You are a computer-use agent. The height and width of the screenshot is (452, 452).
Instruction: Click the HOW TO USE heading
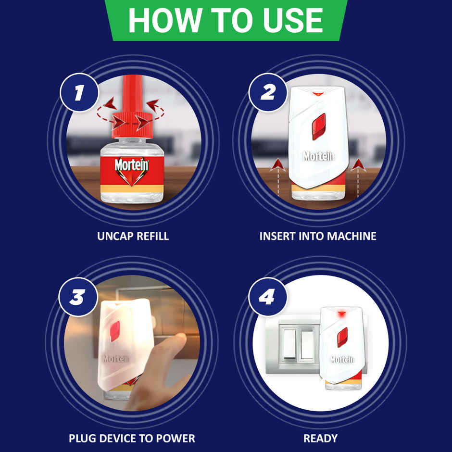click(x=226, y=20)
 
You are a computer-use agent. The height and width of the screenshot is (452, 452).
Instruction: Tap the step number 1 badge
click(x=79, y=93)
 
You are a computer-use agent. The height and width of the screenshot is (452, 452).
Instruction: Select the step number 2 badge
click(x=267, y=93)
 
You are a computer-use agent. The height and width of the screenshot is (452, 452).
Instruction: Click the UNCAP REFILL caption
click(x=133, y=237)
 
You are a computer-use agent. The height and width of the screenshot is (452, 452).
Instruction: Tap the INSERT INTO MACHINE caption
click(x=318, y=237)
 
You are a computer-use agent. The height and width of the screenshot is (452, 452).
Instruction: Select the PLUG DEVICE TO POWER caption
click(x=132, y=439)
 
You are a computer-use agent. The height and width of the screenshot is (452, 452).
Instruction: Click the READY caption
click(x=320, y=439)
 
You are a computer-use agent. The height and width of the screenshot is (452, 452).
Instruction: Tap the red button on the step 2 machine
click(x=319, y=126)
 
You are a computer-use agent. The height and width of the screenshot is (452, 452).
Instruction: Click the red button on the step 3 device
click(x=115, y=331)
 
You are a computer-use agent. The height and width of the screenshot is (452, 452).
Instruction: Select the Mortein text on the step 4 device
click(x=342, y=359)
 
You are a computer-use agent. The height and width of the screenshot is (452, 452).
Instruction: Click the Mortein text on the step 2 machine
click(x=318, y=156)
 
